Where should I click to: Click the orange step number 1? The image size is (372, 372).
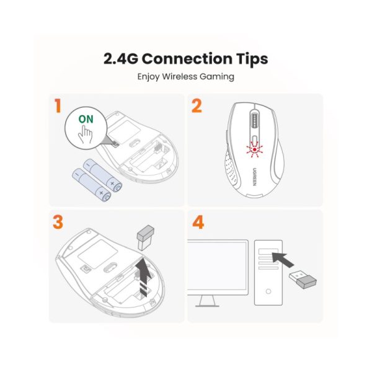click(x=58, y=106)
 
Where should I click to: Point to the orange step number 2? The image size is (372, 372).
click(x=197, y=106)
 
